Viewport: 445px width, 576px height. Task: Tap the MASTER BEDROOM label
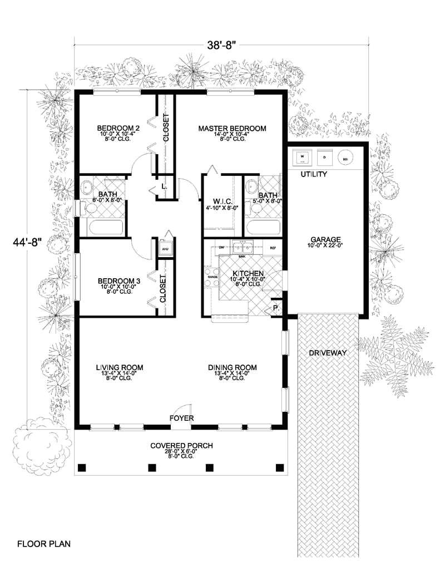pos(232,129)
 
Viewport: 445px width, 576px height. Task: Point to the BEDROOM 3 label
pos(118,281)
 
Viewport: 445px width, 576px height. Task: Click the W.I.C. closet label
pos(222,201)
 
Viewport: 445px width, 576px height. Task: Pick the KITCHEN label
pos(248,274)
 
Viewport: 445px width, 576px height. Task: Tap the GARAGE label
pos(327,239)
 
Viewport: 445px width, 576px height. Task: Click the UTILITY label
pos(314,175)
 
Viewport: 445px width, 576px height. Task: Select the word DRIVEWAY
pos(328,353)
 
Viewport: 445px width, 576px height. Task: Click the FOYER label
pos(182,417)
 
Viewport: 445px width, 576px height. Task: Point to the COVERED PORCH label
pos(181,446)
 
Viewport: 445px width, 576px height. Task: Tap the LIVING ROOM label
pos(120,367)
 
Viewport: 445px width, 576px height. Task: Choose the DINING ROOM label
pos(232,367)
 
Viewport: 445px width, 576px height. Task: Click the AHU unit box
pos(165,249)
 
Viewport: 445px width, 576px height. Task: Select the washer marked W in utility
pos(303,157)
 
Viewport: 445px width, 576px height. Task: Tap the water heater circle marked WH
pos(346,157)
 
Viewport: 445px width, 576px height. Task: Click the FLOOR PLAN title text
pos(43,543)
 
